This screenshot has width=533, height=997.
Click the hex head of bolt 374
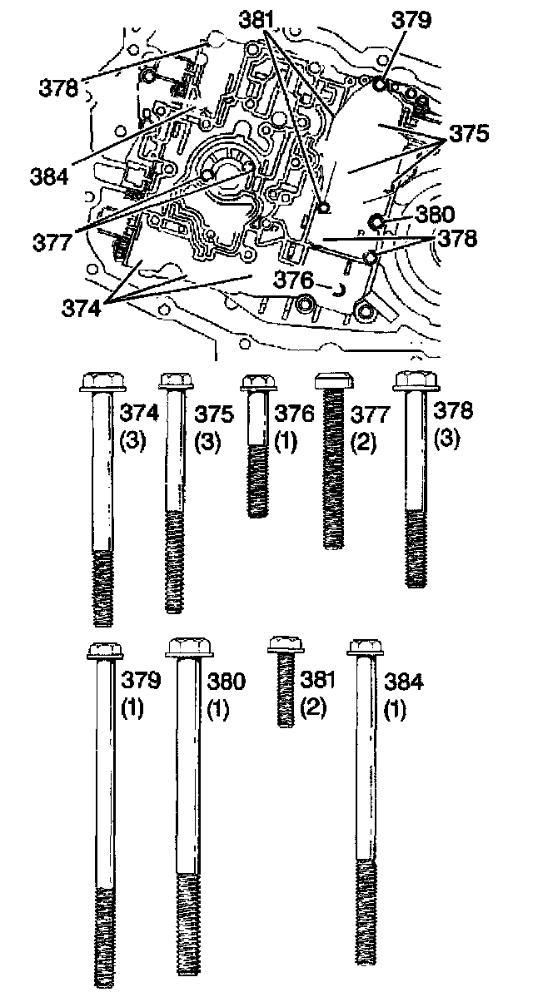tap(102, 383)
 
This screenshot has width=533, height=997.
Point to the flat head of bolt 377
tap(335, 382)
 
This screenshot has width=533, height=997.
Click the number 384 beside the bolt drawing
tap(403, 682)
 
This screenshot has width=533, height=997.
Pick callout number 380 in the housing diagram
tap(434, 213)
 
